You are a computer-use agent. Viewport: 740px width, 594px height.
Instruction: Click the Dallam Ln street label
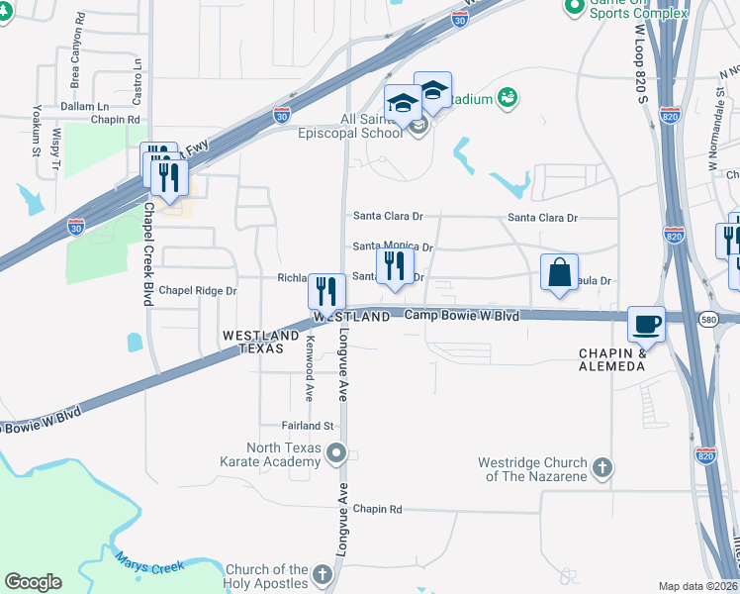click(83, 106)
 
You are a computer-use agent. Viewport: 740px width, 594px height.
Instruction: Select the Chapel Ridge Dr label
click(198, 291)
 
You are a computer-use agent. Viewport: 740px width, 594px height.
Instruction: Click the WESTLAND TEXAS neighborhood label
click(260, 343)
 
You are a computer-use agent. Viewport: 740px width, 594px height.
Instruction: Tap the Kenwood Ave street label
click(310, 368)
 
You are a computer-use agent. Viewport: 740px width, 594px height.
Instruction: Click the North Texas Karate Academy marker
click(336, 454)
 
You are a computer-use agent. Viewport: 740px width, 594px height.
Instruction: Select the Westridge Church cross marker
click(601, 466)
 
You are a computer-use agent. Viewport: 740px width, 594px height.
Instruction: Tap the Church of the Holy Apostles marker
click(322, 574)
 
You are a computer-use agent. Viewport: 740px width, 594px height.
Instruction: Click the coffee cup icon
click(648, 324)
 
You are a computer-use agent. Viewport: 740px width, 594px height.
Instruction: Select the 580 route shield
click(709, 319)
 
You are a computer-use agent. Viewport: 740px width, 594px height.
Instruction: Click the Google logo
click(33, 581)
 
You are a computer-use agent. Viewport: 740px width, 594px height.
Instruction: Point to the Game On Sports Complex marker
click(574, 8)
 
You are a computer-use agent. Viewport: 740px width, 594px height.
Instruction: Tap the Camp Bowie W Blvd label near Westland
click(462, 314)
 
